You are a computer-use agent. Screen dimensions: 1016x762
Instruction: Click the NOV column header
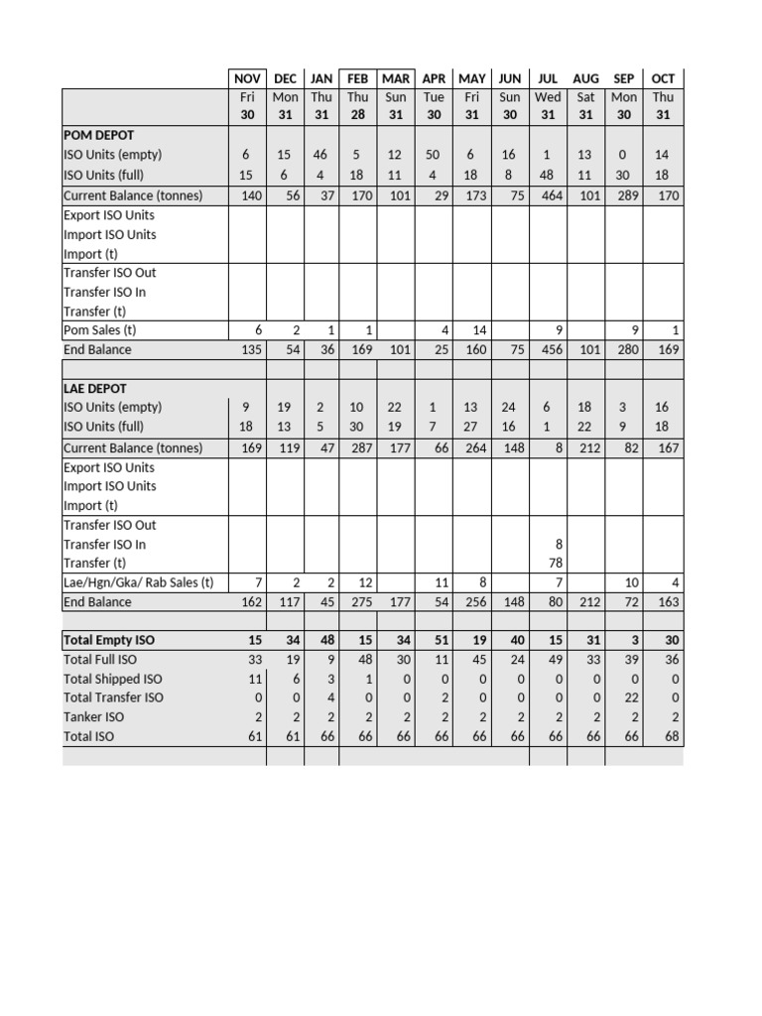(247, 78)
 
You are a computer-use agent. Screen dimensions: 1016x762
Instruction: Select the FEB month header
(357, 78)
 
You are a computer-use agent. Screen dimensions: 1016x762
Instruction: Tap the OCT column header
(663, 78)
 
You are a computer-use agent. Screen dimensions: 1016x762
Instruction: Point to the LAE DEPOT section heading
(94, 388)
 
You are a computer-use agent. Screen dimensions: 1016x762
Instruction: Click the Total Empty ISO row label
(108, 640)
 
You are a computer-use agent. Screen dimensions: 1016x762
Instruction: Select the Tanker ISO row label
(93, 716)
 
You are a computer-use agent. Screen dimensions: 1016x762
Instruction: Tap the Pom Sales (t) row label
(100, 329)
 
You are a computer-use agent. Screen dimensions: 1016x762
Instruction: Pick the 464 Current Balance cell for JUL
(548, 195)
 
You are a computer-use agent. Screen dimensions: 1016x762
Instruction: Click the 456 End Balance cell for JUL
(548, 349)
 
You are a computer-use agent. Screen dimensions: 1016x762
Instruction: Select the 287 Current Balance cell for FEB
(357, 447)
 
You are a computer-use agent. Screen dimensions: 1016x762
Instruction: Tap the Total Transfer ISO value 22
(627, 698)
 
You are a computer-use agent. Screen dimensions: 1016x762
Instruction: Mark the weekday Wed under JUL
(548, 97)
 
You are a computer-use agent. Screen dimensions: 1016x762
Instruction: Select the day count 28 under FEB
(357, 114)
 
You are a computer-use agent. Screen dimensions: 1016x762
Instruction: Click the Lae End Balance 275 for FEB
(357, 601)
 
